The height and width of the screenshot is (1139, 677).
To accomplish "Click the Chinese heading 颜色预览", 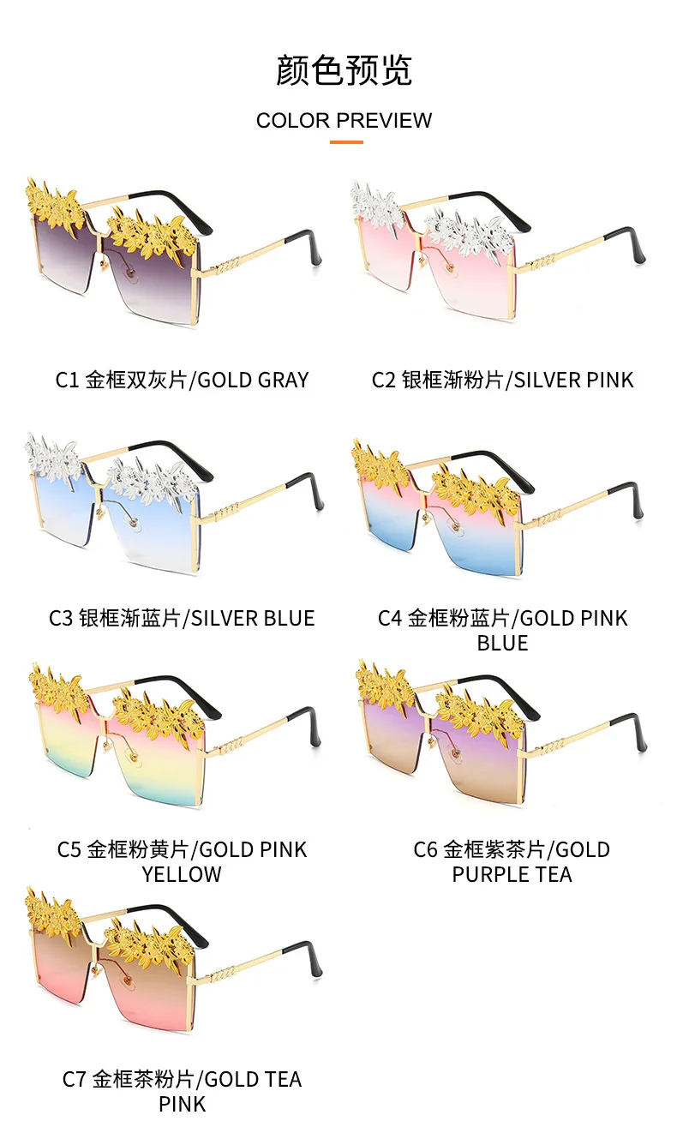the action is [x=344, y=70].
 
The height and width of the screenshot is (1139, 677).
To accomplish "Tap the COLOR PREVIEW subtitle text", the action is [x=344, y=121].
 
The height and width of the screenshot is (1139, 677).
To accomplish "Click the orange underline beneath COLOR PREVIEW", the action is [x=346, y=142].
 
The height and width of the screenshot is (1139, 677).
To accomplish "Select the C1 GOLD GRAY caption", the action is [x=182, y=380].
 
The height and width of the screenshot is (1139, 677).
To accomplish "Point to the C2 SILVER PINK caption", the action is [x=502, y=380].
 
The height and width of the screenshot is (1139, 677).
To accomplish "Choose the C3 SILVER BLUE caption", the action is [x=182, y=618].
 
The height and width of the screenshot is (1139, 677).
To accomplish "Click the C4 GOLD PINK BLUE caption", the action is [x=502, y=630].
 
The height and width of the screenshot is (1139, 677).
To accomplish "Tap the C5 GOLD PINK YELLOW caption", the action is [x=182, y=861].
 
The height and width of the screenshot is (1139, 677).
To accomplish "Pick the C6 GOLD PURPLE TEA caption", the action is [x=512, y=861].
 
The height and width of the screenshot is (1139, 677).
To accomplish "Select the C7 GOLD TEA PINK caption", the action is [x=182, y=1091].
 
